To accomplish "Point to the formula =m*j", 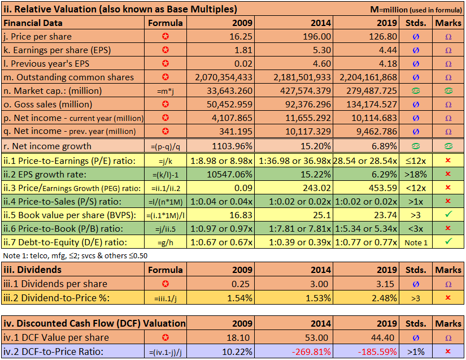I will coord(166,91).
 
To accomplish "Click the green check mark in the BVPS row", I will coord(448,214).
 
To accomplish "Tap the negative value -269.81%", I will coord(308,351).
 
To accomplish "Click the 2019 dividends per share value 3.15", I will coord(387,284).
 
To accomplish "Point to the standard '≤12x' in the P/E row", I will coord(416,160).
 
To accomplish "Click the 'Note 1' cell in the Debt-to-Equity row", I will coord(416,242).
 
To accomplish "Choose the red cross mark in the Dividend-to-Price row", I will coord(448,297).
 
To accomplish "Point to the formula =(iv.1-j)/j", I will coord(166,351).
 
